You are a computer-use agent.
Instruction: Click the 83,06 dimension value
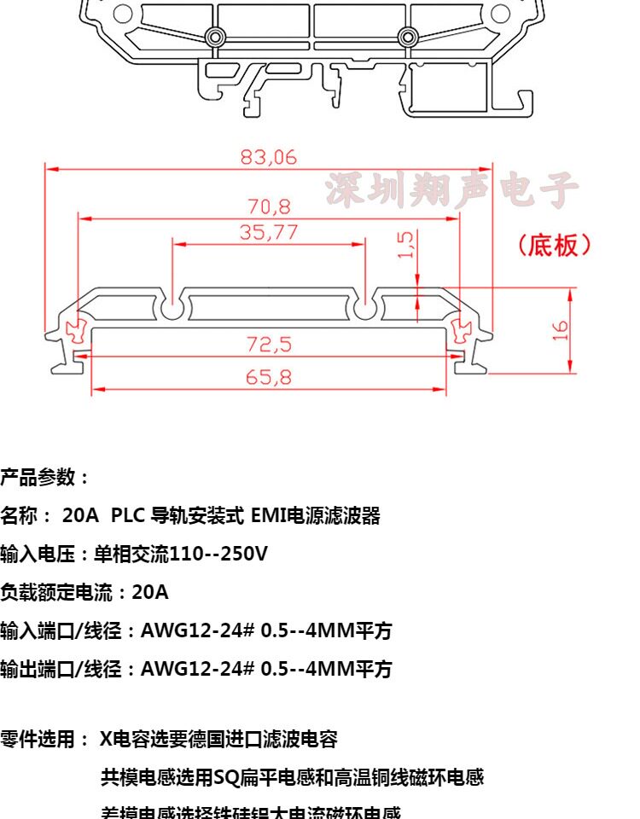pyautogui.click(x=268, y=157)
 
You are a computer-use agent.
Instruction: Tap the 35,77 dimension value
pyautogui.click(x=268, y=231)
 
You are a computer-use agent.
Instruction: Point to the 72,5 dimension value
pyautogui.click(x=269, y=344)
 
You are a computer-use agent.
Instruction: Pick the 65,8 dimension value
pyautogui.click(x=269, y=376)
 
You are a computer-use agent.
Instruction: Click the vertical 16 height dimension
pyautogui.click(x=560, y=330)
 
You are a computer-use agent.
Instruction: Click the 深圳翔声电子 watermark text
pyautogui.click(x=451, y=190)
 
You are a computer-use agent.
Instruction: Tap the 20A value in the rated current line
pyautogui.click(x=150, y=592)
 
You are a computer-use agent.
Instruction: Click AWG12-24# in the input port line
pyautogui.click(x=196, y=631)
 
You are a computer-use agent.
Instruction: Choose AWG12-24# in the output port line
pyautogui.click(x=196, y=670)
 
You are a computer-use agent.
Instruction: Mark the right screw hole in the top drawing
pyautogui.click(x=408, y=37)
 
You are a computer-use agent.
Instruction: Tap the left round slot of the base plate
pyautogui.click(x=173, y=309)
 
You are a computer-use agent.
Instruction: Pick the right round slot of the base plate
pyautogui.click(x=365, y=309)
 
